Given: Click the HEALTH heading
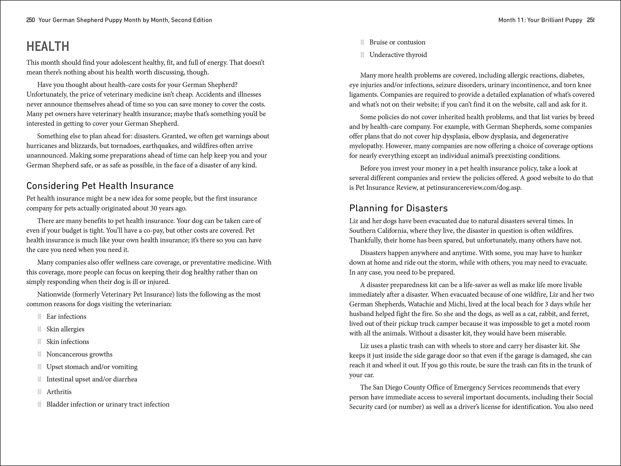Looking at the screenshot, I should click(x=48, y=47).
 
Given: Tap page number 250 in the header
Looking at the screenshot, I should click(x=30, y=20).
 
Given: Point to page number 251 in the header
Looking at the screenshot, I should click(x=590, y=20).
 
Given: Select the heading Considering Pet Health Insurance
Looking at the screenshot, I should click(x=100, y=186).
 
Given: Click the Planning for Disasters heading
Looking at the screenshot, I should click(x=398, y=208).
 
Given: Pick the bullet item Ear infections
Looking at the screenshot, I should click(x=66, y=317).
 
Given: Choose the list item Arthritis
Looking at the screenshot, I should click(x=59, y=392).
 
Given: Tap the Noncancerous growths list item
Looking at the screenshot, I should click(x=80, y=354).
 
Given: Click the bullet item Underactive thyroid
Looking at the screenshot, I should click(x=398, y=55).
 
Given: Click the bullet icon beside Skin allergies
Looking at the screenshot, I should click(x=40, y=329).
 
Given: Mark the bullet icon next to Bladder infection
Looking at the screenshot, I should click(x=40, y=405).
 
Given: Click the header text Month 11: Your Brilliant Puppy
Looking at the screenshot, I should click(x=540, y=20).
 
